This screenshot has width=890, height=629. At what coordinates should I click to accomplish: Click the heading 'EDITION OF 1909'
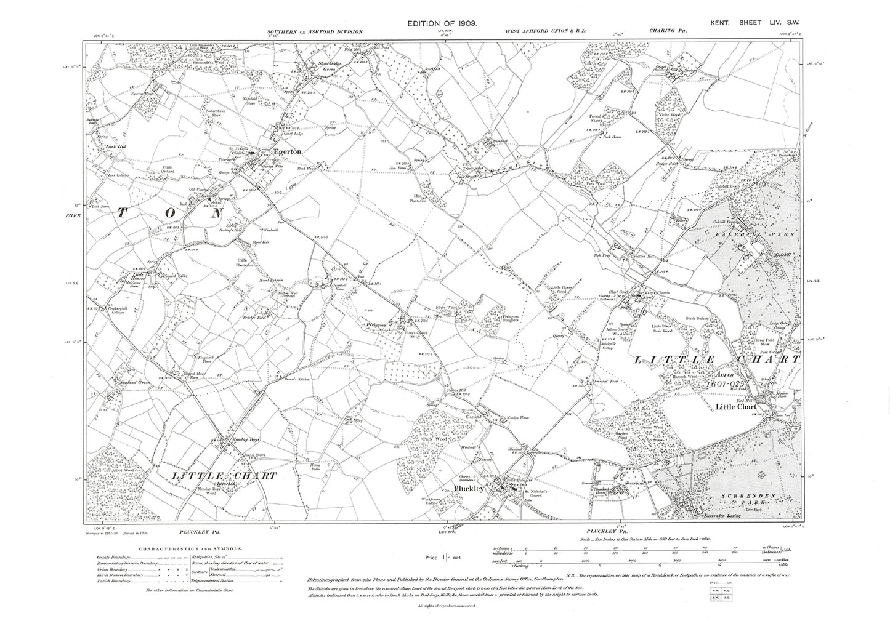[x=442, y=23]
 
